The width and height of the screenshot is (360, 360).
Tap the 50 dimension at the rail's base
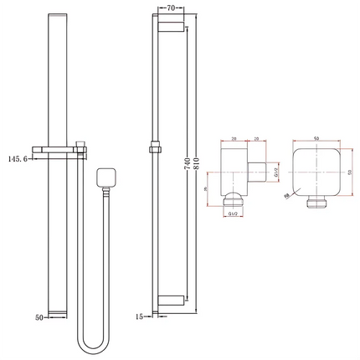38,317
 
